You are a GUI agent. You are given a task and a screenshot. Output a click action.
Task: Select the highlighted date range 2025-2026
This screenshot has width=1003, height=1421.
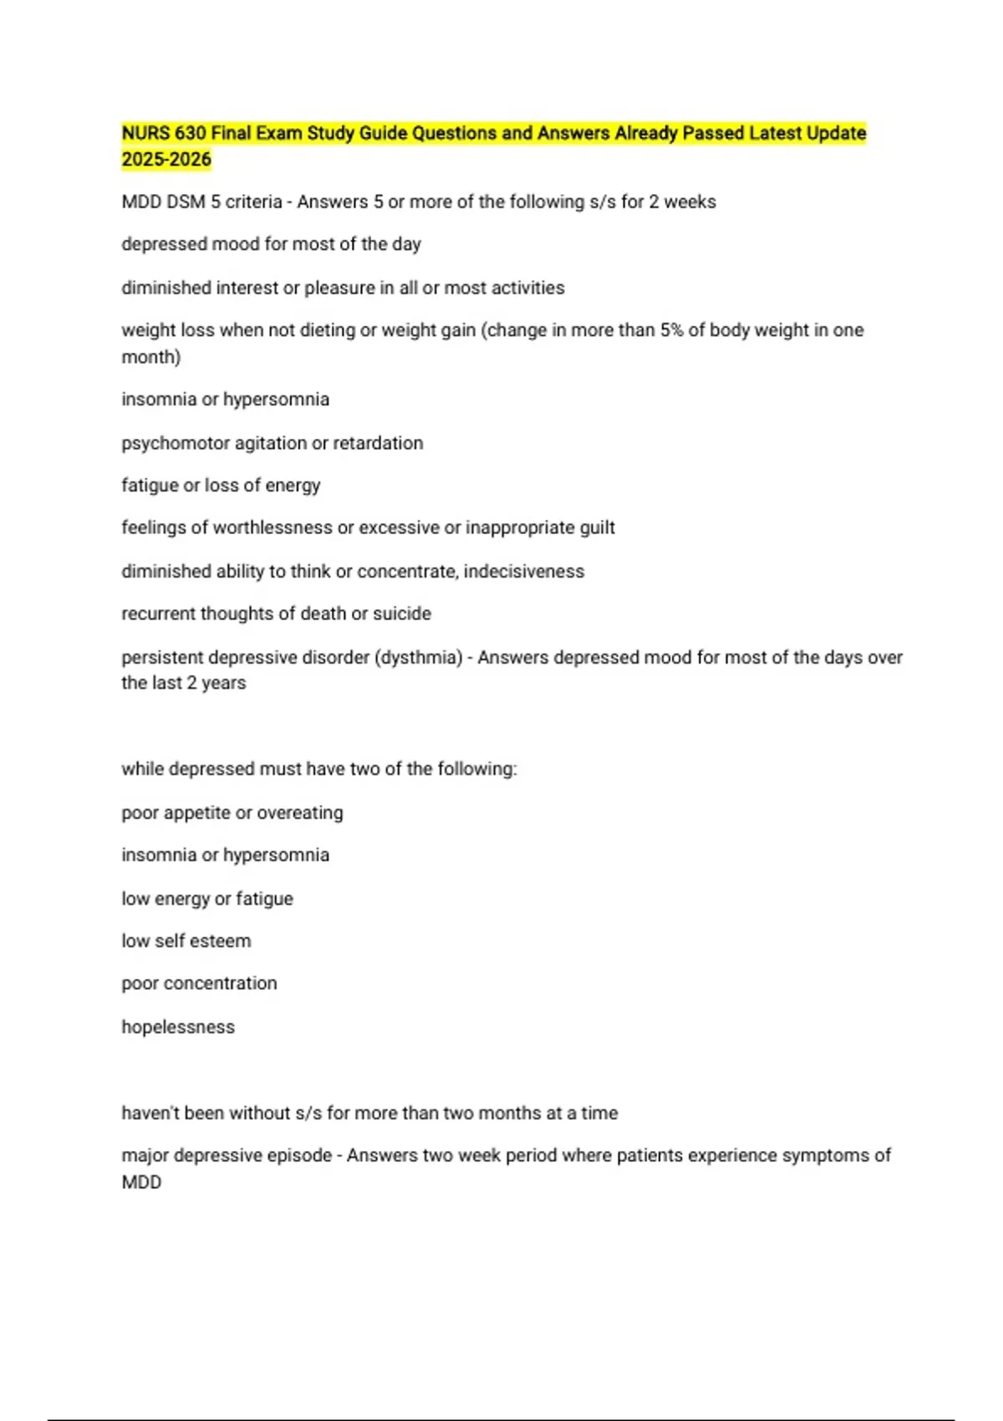pos(166,160)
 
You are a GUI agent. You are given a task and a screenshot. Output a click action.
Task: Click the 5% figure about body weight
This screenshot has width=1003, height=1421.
pos(671,330)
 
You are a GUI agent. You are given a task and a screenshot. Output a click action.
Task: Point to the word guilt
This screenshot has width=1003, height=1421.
pos(597,528)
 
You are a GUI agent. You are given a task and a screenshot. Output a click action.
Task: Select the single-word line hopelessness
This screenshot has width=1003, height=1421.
pos(178,1027)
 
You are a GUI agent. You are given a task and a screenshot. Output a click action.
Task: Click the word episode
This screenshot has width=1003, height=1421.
pos(298,1156)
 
